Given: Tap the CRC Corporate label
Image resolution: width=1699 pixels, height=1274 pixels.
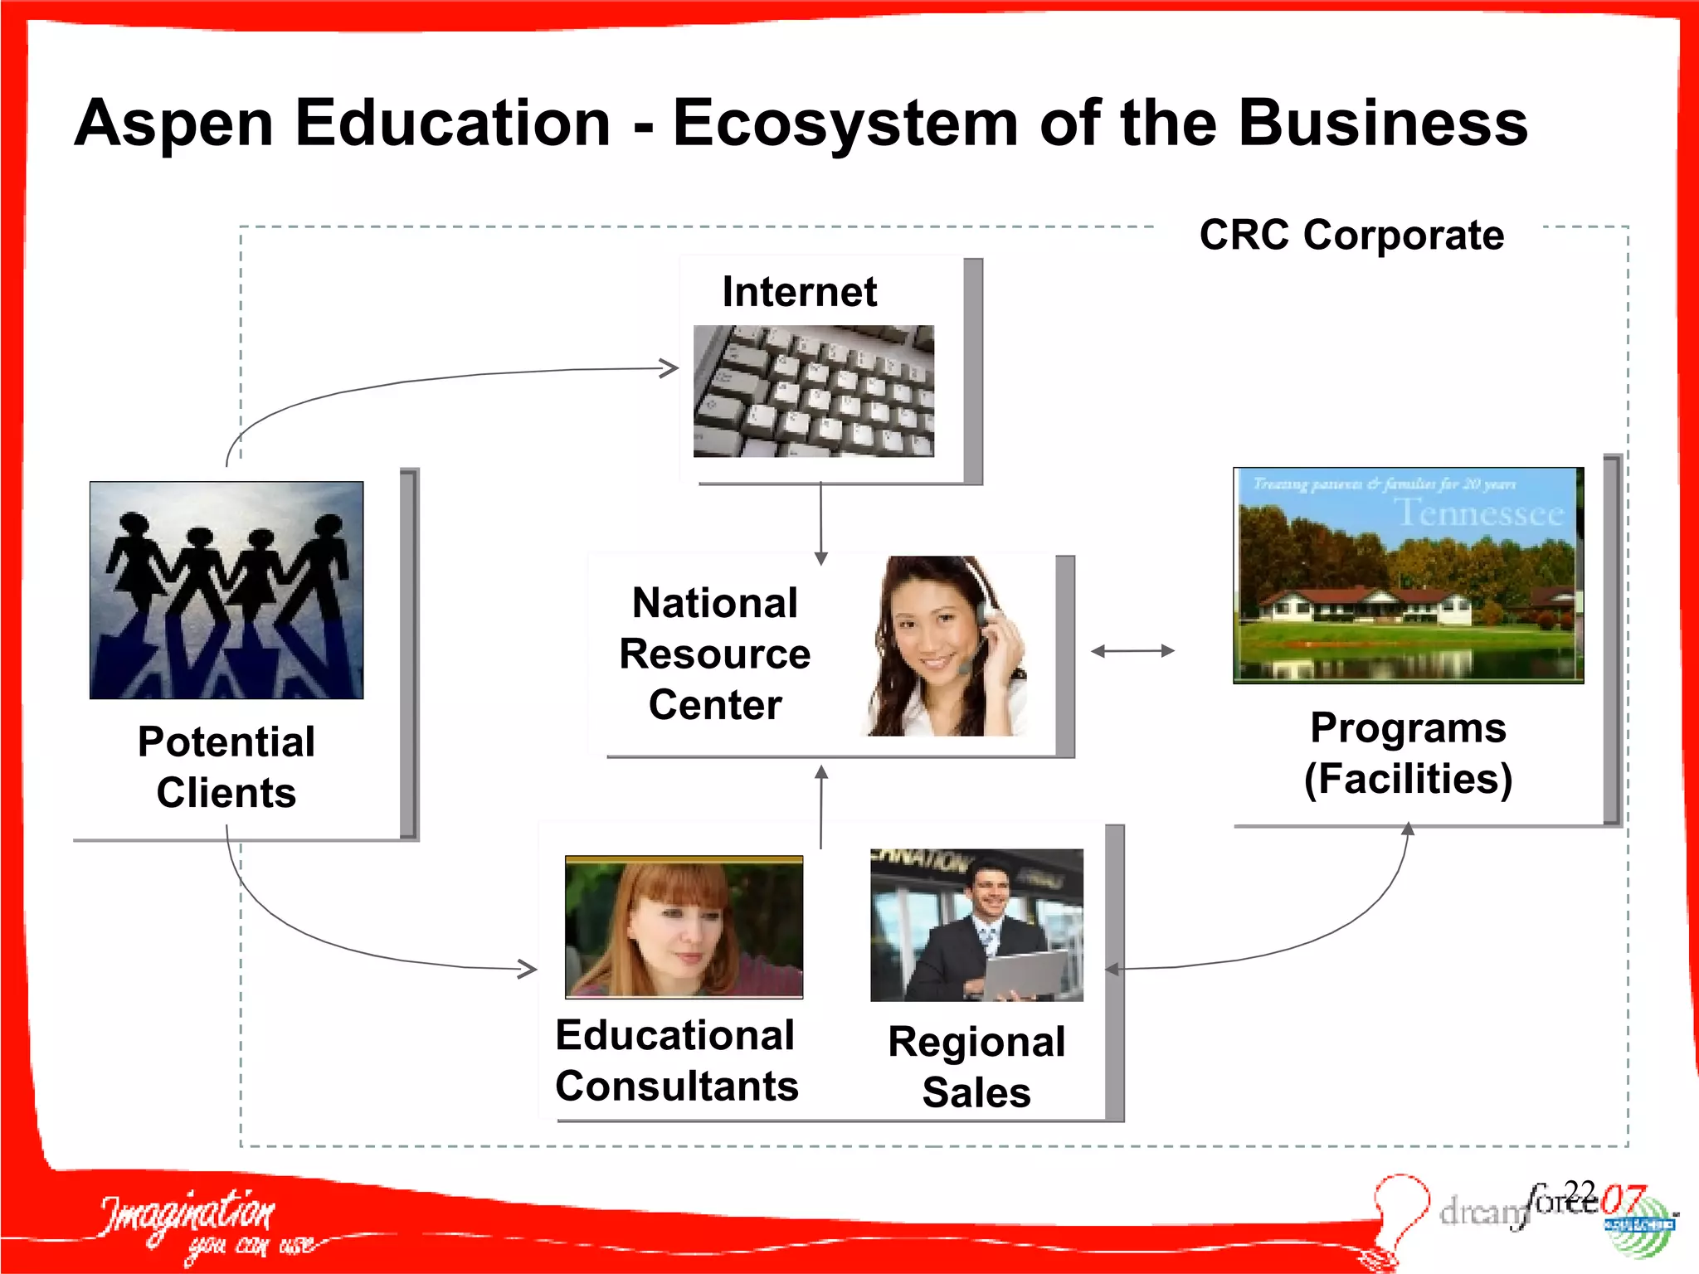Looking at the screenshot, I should tap(1351, 235).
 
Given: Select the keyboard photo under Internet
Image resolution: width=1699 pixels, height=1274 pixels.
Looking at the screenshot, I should tap(813, 391).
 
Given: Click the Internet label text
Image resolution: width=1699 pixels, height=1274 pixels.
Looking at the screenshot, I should tap(799, 291).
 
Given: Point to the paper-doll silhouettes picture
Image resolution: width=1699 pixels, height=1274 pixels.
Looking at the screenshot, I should tap(226, 590).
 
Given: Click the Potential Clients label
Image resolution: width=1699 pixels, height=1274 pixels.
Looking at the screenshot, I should tap(226, 766).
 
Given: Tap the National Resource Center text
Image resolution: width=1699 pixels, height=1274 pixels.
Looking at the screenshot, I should tap(714, 654).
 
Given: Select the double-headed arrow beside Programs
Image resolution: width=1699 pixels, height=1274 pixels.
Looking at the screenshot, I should tap(1132, 651).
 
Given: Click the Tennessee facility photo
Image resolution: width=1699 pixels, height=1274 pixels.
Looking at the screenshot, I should tap(1408, 575).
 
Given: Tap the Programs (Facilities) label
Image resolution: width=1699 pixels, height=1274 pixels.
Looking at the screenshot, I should tap(1408, 753).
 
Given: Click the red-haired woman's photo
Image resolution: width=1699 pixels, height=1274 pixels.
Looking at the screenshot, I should tap(684, 926).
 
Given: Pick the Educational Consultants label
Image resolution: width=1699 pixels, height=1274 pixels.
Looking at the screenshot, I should tap(676, 1060).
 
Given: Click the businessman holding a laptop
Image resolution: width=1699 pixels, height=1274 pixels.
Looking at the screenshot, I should tap(976, 925).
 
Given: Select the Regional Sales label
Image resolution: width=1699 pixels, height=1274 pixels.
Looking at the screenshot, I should tap(976, 1067).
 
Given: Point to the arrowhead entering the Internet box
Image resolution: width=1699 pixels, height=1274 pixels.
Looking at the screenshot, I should tap(669, 368).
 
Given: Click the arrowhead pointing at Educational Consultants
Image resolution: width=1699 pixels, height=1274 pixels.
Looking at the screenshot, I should tap(528, 968).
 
